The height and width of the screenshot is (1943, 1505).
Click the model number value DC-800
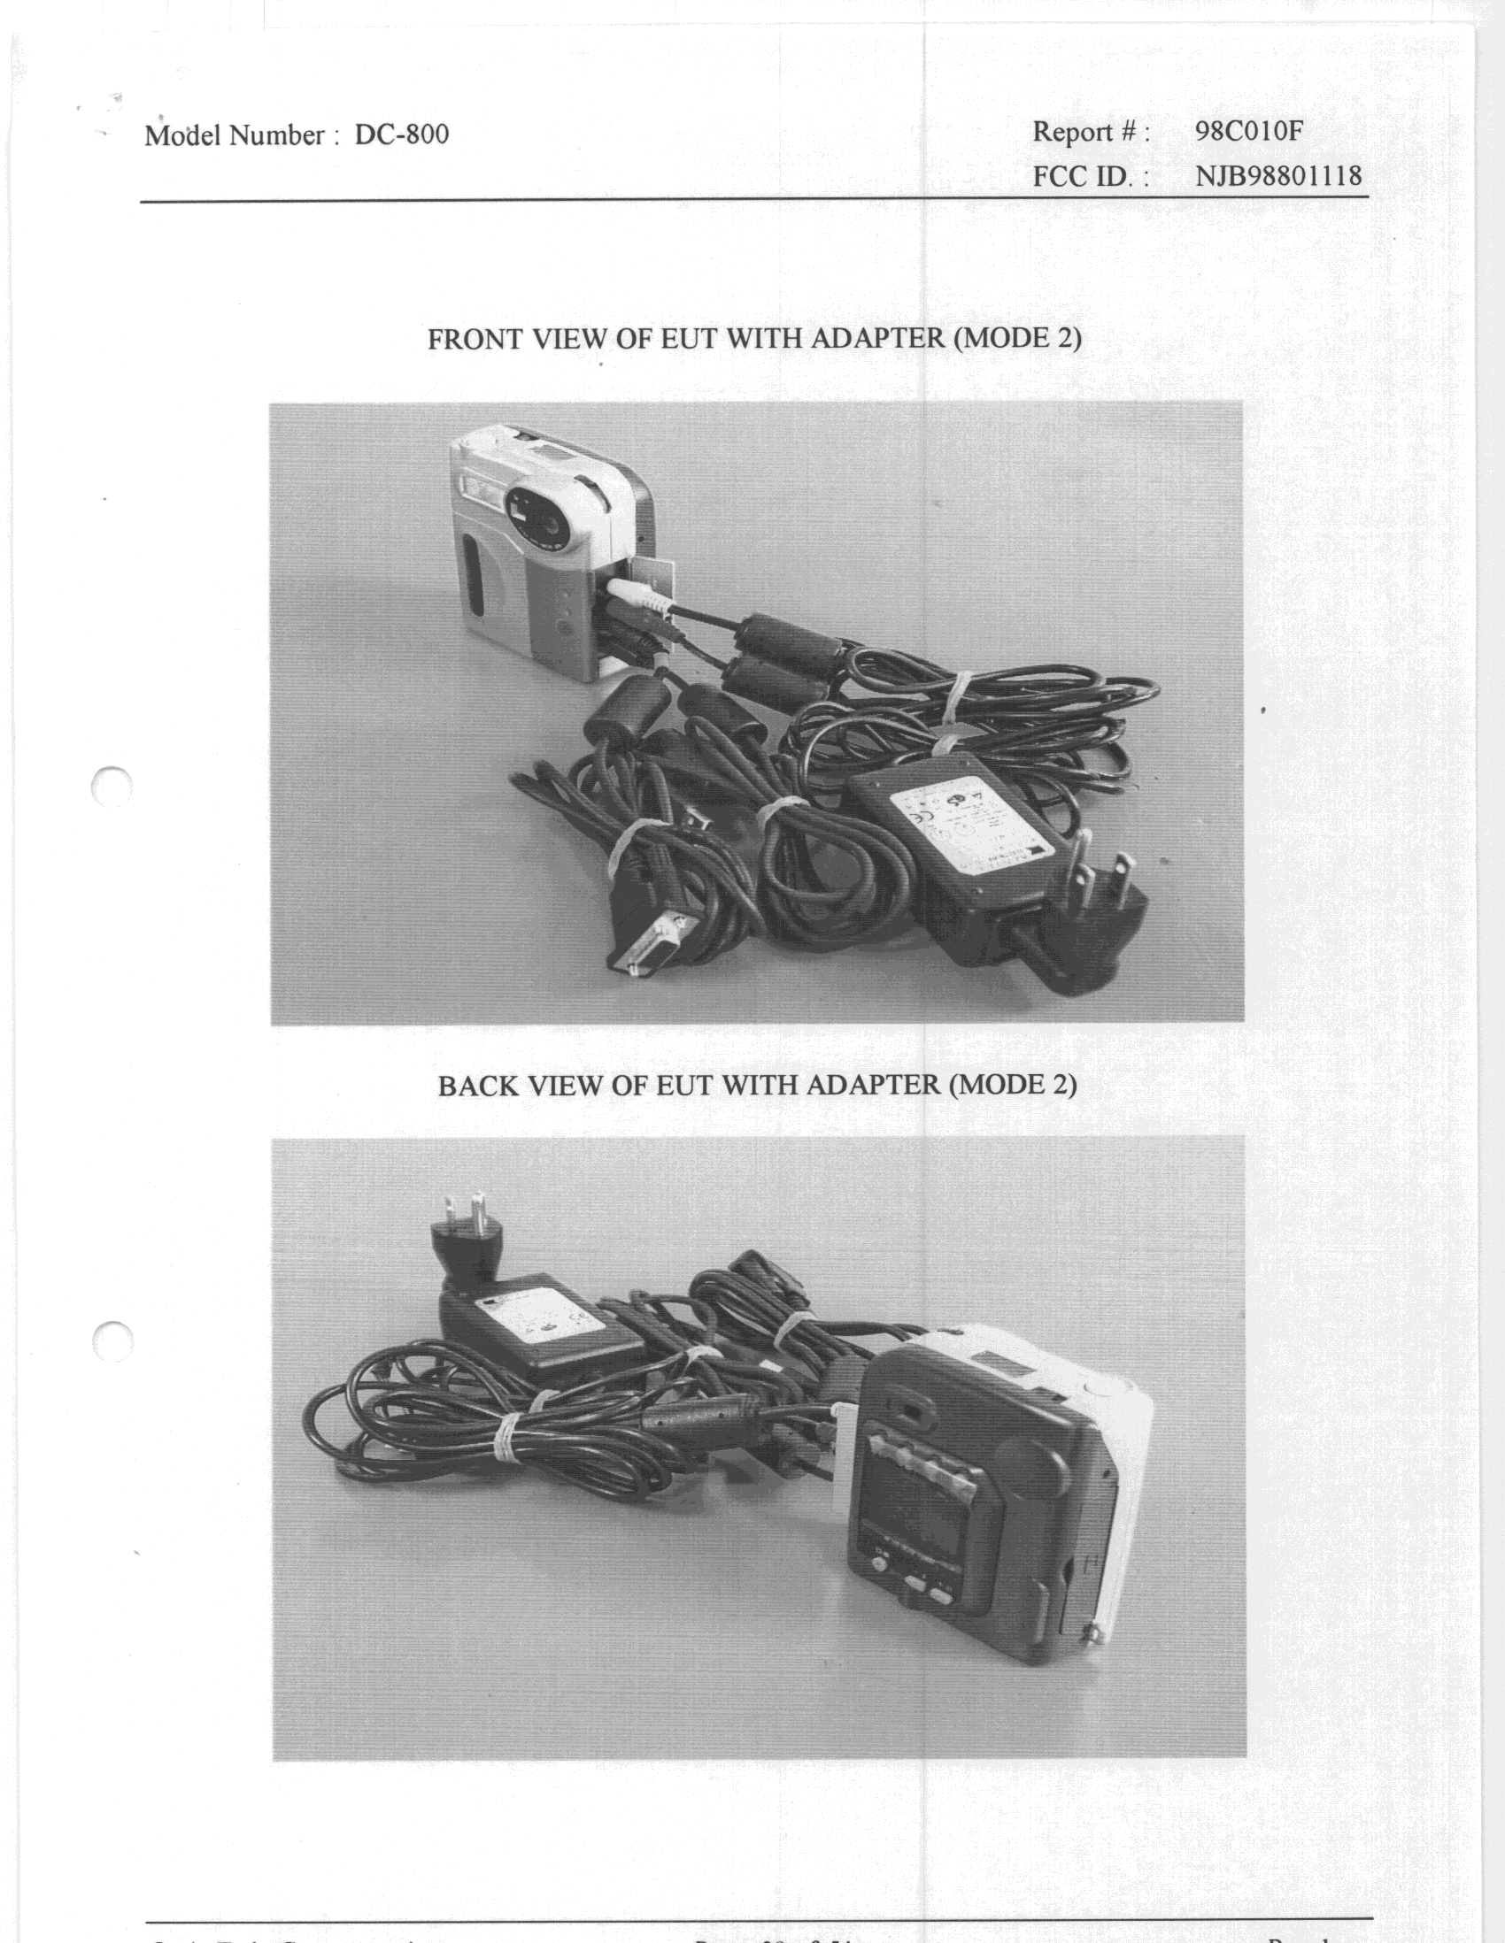click(x=401, y=134)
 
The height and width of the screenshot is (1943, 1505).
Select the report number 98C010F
click(x=1248, y=132)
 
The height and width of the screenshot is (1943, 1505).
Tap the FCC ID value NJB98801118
click(x=1278, y=175)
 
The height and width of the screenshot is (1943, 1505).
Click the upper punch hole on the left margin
click(x=112, y=785)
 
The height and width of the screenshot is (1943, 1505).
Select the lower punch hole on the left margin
click(x=112, y=1341)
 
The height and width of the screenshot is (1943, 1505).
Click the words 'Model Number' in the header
click(x=235, y=135)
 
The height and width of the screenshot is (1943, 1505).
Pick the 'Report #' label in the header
click(x=1091, y=133)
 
